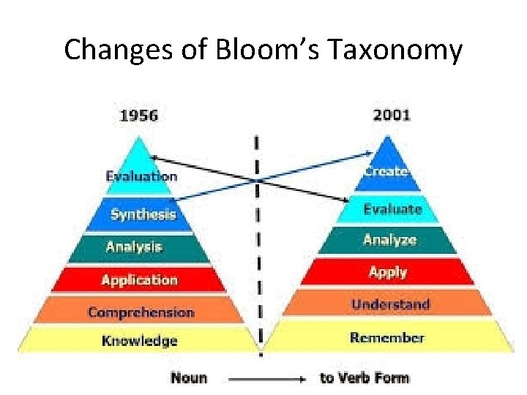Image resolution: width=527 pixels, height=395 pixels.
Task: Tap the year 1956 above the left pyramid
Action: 138,115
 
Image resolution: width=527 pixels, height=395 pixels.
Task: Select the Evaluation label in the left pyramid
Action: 141,176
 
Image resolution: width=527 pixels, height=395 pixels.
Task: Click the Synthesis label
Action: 143,214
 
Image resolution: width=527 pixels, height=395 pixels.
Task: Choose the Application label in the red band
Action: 139,280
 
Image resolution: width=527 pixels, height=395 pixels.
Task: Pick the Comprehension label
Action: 141,312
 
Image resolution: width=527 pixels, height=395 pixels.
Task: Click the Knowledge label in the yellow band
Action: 139,341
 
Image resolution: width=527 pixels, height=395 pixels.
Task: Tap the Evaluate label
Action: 392,209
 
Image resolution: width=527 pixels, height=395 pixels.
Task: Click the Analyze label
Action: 389,240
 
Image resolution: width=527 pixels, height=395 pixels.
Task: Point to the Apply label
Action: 388,272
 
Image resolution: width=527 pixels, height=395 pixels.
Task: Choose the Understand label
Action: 390,304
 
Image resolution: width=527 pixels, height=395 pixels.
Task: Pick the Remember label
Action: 387,338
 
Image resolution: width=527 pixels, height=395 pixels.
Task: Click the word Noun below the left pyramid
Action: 189,378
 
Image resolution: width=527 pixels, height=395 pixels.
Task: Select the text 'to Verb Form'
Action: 365,378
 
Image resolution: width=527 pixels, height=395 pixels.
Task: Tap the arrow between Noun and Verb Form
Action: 266,379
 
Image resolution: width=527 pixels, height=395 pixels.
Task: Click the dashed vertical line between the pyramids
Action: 258,241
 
